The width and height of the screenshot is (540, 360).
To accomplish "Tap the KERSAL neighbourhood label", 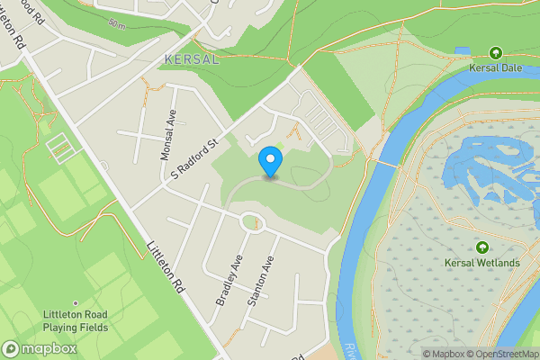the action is tap(192, 59).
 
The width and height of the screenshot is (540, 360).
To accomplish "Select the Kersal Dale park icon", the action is tap(495, 53).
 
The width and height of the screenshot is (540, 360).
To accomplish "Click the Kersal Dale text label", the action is tap(495, 67).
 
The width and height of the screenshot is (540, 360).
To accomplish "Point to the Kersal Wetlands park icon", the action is tap(481, 247).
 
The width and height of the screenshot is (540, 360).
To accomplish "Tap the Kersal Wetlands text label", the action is tap(481, 263).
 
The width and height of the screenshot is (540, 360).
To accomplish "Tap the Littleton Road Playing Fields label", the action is tap(76, 320).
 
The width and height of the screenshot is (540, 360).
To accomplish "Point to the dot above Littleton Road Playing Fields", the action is tap(76, 303).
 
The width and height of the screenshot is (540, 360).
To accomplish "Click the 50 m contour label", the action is tap(117, 22).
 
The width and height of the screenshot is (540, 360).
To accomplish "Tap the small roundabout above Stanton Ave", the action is tap(253, 221).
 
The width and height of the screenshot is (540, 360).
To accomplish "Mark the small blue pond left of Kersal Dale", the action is tap(462, 50).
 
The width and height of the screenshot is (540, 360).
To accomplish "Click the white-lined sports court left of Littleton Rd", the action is tap(58, 147).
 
